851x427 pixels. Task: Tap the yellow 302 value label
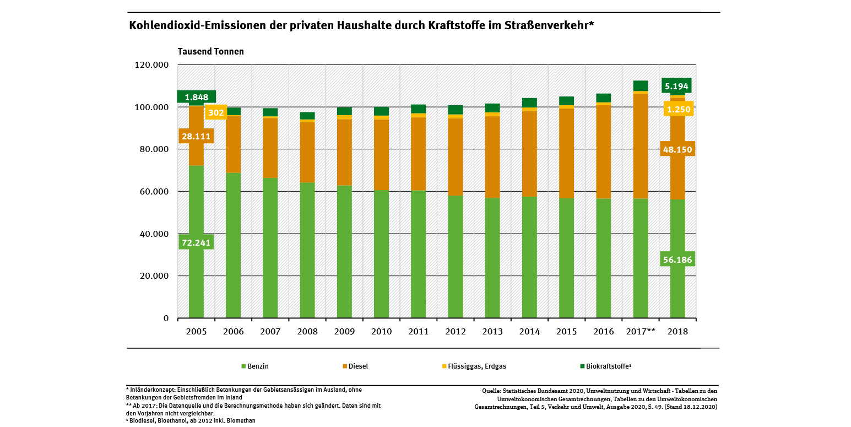coord(216,112)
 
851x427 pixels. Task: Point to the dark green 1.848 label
coord(196,97)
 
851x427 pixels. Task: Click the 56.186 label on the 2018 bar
coord(677,259)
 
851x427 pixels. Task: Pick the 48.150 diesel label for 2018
coord(677,149)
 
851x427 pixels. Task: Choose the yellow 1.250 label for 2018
coord(678,109)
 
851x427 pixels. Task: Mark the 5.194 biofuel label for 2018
coord(676,85)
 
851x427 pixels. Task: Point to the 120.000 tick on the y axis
coord(151,65)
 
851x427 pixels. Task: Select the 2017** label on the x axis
coord(641,332)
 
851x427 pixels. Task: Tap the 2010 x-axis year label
coord(381,332)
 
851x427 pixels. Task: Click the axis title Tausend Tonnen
coord(210,51)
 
